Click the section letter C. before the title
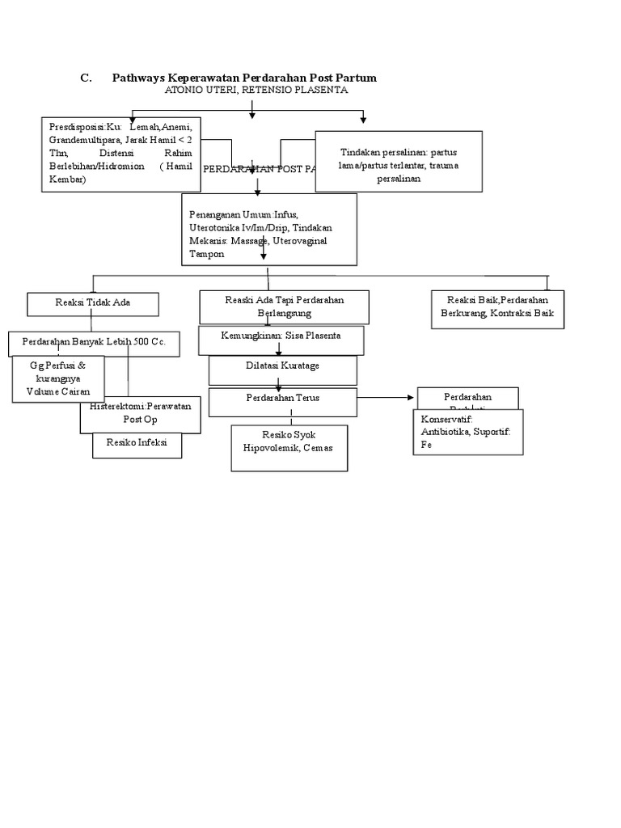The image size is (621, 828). (85, 78)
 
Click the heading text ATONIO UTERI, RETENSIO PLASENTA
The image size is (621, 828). (256, 91)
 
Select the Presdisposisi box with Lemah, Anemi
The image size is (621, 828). (120, 154)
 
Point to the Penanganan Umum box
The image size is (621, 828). (268, 229)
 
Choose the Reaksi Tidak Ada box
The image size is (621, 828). (93, 303)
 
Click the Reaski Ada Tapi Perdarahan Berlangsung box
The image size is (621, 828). (285, 306)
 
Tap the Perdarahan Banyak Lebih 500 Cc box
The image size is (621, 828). (94, 343)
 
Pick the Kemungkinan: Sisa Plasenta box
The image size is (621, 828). (281, 335)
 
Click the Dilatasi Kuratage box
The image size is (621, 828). (282, 367)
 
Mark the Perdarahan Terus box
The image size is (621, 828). (282, 398)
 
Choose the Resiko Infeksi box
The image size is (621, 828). (137, 446)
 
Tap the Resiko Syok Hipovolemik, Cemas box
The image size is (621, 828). (289, 448)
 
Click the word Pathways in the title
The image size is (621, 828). (137, 78)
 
